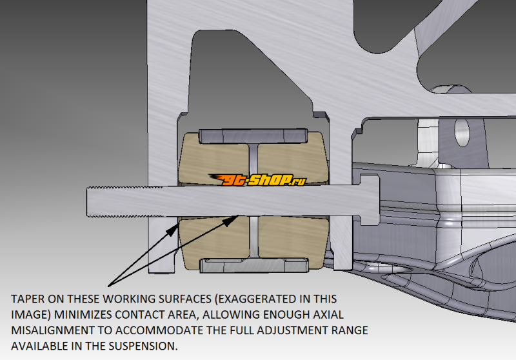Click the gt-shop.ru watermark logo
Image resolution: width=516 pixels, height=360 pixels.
[257, 179]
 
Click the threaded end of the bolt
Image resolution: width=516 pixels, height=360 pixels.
[125, 202]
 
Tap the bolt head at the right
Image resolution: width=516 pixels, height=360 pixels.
[370, 200]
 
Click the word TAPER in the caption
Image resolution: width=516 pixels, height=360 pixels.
[28, 299]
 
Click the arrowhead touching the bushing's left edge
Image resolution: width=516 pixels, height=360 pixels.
[172, 230]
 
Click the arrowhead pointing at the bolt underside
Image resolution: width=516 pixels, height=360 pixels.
[230, 220]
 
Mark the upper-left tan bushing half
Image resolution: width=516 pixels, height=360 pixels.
[214, 158]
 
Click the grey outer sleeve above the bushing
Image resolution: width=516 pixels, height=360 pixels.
[253, 136]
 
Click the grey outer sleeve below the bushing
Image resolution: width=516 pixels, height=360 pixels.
[254, 265]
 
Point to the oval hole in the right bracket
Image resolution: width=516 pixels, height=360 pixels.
[462, 132]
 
